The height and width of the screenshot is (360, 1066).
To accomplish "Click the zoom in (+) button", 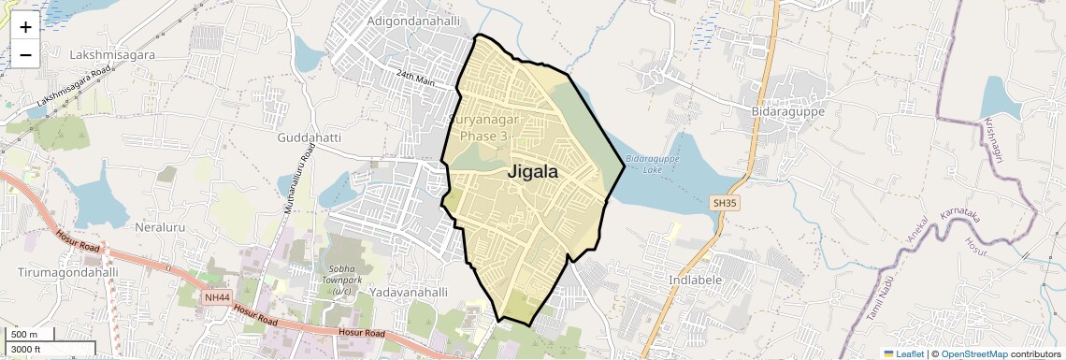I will pos(25,27).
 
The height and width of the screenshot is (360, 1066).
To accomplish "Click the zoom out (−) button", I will pos(25,55).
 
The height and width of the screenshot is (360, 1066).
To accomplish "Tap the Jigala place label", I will pos(533,172).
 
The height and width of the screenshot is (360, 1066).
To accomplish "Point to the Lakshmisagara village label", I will pos(112,55).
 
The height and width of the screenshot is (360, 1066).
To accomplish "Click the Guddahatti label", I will pos(310,137).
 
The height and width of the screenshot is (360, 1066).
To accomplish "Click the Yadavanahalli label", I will pos(409,292).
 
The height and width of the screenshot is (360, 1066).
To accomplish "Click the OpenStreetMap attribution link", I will pos(973,353).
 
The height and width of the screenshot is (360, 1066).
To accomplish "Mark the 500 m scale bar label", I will pos(25,335).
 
